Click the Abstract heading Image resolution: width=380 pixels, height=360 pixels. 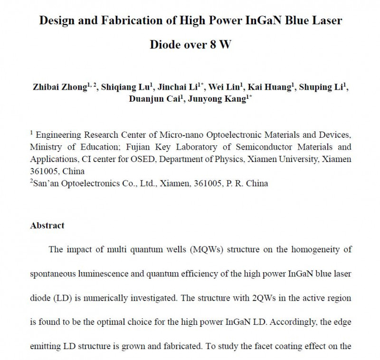pyautogui.click(x=47, y=226)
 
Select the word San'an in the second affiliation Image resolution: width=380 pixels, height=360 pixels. pyautogui.click(x=47, y=183)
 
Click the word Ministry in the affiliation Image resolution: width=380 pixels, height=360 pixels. pyautogui.click(x=46, y=147)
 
